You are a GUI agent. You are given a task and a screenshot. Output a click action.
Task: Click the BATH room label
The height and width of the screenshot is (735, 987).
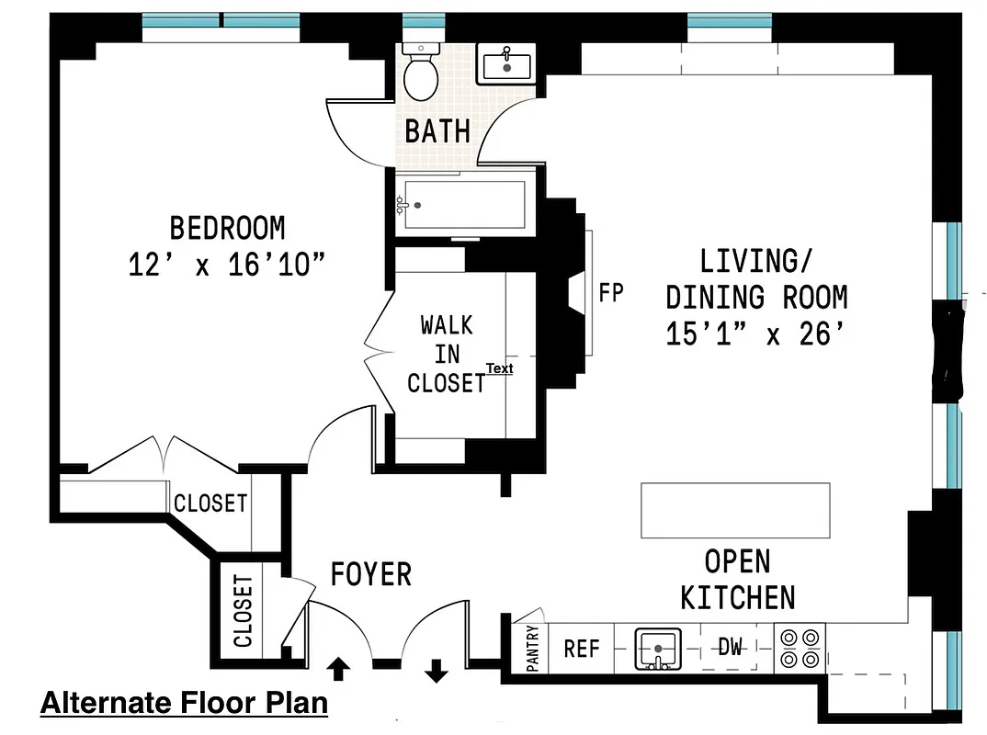click(437, 131)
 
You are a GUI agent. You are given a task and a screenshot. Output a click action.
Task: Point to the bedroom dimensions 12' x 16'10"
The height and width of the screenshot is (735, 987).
click(228, 266)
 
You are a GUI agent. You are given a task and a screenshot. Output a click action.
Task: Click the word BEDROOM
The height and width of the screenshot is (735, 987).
click(228, 227)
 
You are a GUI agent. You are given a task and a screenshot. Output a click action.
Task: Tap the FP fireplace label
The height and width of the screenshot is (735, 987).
click(611, 293)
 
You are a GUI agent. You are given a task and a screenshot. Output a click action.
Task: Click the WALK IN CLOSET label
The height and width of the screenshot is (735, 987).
click(447, 354)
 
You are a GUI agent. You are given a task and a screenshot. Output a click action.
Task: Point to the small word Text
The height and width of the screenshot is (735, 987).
click(499, 368)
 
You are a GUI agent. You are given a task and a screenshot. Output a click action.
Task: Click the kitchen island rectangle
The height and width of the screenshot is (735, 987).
click(734, 511)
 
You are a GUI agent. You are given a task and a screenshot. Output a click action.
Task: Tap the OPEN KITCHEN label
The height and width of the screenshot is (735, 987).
click(737, 580)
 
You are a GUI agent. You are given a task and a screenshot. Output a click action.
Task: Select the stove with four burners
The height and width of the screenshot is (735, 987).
click(800, 647)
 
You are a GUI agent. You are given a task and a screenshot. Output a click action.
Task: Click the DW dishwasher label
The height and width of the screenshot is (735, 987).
click(730, 648)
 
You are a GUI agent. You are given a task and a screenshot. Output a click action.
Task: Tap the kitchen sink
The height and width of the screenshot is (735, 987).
click(658, 647)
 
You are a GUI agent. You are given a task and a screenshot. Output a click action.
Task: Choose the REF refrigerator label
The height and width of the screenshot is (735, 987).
click(582, 649)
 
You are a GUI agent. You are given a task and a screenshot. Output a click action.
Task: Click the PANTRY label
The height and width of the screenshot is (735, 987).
click(532, 649)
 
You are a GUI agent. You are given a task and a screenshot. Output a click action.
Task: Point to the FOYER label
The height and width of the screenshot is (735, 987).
click(371, 575)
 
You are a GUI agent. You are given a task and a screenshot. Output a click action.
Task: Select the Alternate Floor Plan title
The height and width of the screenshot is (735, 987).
click(184, 703)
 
